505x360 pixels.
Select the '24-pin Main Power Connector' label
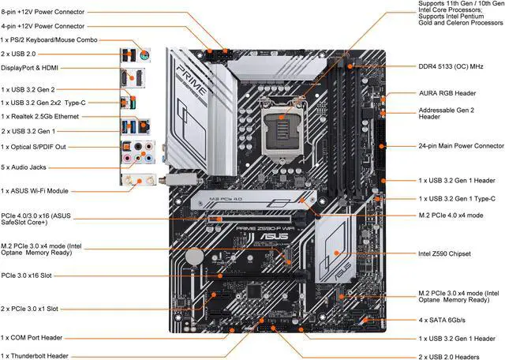(x=461, y=145)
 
